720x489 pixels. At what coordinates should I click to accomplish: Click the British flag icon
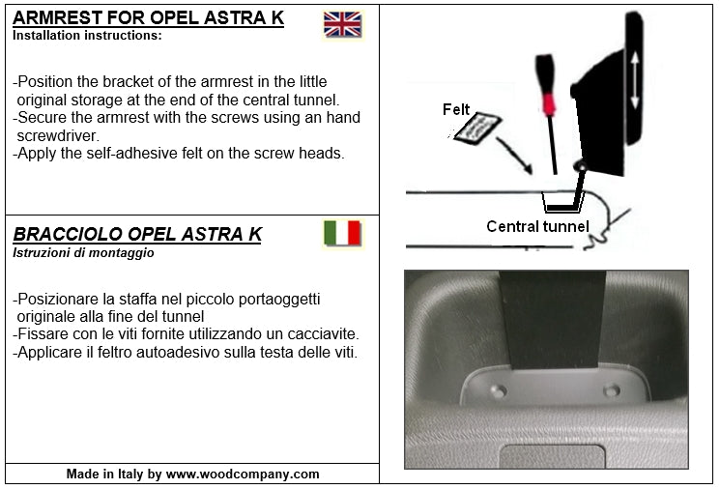tap(342, 25)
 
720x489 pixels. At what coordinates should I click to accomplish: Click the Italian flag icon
tap(342, 234)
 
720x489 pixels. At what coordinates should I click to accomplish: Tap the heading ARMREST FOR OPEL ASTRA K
tap(148, 18)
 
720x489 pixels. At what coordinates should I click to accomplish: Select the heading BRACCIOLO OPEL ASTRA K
tap(137, 235)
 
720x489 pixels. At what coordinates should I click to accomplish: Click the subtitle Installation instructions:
tap(87, 36)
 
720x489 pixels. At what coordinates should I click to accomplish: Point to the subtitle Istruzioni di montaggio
tap(83, 253)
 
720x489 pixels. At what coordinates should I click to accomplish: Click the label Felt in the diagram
tap(456, 109)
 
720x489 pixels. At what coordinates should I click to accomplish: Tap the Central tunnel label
tap(537, 227)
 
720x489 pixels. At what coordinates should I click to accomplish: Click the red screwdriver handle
tap(549, 101)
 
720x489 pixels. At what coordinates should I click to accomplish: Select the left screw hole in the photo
tap(498, 390)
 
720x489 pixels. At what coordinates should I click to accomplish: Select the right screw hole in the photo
tap(611, 390)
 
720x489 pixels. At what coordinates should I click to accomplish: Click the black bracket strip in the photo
tap(554, 319)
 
